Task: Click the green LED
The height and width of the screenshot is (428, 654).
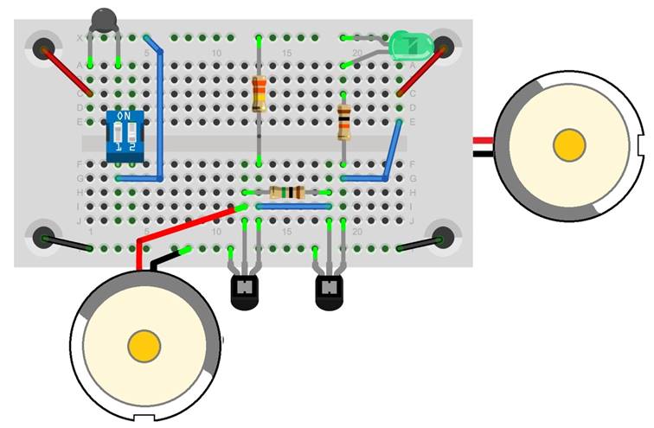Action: coord(407,44)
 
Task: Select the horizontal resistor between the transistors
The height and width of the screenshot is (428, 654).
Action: coord(286,192)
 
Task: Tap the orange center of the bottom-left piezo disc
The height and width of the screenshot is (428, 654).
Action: coord(144,347)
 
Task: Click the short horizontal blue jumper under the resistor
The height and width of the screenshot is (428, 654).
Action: coord(293,207)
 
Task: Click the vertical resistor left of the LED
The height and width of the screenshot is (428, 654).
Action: coord(259,93)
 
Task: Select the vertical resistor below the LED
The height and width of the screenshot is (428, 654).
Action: coord(343,122)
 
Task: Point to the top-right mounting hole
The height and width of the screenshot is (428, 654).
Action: coord(445,48)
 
